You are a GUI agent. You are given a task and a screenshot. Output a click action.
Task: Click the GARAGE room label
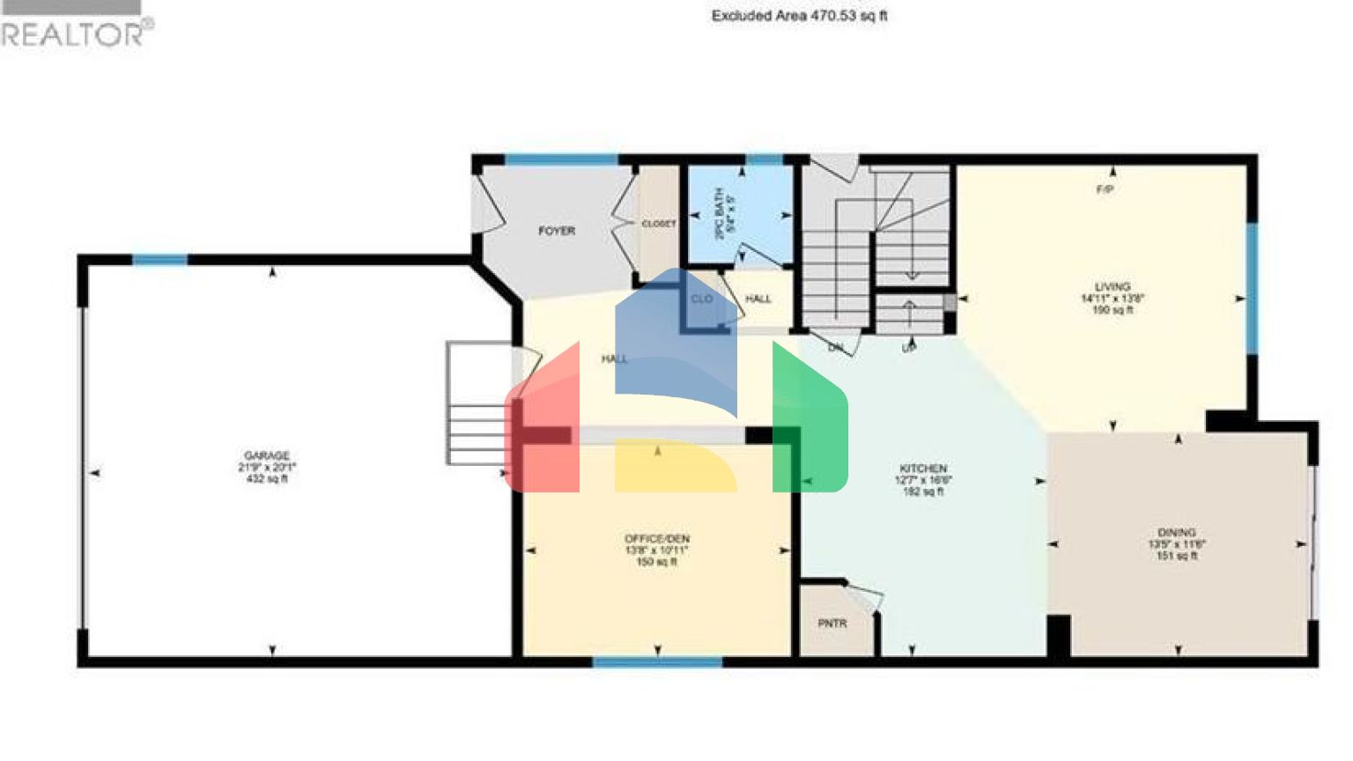tap(267, 456)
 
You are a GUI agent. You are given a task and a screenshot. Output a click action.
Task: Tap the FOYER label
tap(556, 231)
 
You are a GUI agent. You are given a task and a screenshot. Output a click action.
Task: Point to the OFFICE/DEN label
tap(657, 539)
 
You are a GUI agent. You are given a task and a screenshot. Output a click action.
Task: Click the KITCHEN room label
tap(922, 469)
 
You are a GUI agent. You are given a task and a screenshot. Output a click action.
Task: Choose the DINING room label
tap(1177, 533)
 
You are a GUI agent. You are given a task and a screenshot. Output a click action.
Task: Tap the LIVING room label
tap(1112, 287)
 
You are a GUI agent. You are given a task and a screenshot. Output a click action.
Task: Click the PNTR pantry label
tap(832, 624)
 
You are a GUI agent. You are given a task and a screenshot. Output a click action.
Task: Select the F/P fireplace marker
tap(1105, 189)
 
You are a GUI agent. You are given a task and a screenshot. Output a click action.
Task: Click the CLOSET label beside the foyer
tap(658, 225)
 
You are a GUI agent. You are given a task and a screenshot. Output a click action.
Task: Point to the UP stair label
tap(909, 349)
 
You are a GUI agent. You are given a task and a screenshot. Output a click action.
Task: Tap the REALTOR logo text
tap(75, 33)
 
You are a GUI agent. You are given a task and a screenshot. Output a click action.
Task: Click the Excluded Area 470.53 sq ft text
tap(799, 16)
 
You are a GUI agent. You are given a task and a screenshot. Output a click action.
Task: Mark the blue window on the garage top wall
tap(159, 259)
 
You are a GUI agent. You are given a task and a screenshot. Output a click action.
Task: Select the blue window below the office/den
tap(657, 661)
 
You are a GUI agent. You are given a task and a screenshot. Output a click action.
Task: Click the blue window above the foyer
tap(561, 159)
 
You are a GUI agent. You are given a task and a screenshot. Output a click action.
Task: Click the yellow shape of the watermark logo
tap(674, 467)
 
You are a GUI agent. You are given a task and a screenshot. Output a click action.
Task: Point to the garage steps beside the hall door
tap(476, 405)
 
